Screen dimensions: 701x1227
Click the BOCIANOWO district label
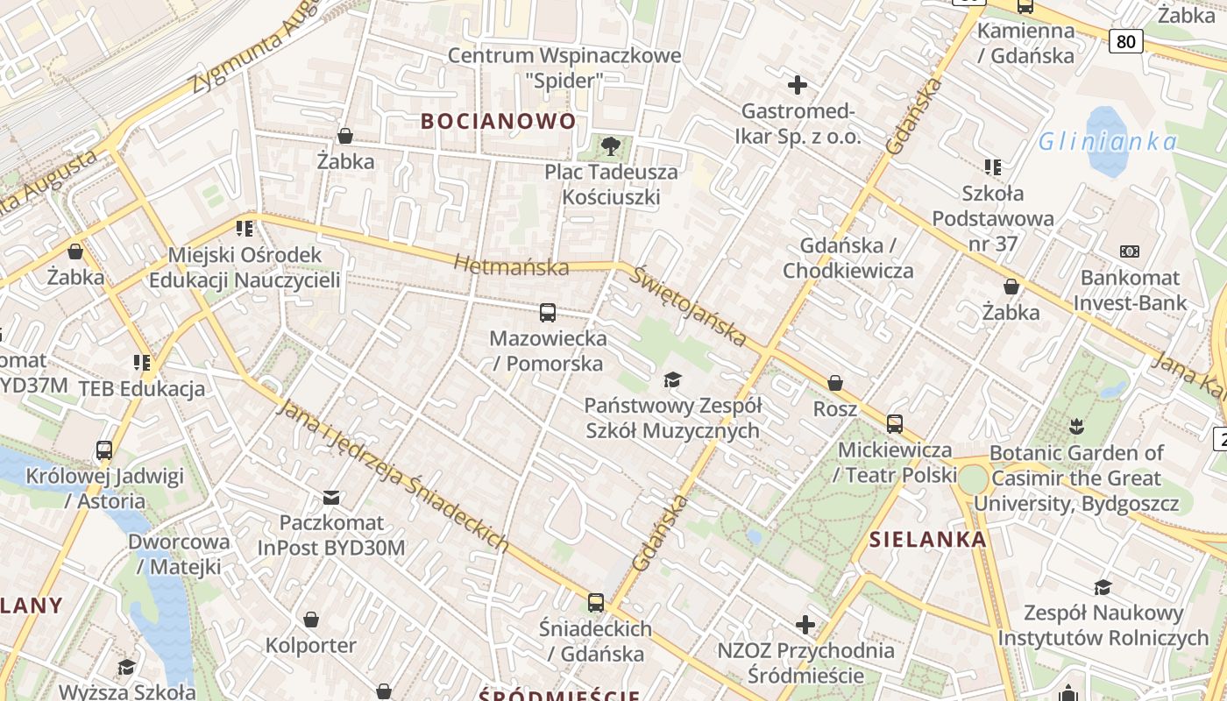pyautogui.click(x=498, y=121)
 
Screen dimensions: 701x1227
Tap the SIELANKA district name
pyautogui.click(x=928, y=540)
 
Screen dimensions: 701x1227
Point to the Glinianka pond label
pyautogui.click(x=1108, y=141)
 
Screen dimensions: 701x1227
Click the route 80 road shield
pyautogui.click(x=1125, y=40)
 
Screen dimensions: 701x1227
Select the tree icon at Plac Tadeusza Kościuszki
pyautogui.click(x=611, y=146)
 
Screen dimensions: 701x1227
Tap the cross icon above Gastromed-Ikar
pyautogui.click(x=798, y=85)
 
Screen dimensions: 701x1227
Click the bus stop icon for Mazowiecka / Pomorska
pyautogui.click(x=548, y=312)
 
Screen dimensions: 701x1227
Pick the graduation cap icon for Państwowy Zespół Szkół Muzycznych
pyautogui.click(x=672, y=379)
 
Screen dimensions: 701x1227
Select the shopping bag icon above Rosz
pyautogui.click(x=835, y=383)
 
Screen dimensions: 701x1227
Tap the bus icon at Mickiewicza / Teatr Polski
pyautogui.click(x=895, y=424)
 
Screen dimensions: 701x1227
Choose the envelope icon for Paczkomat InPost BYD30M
pyautogui.click(x=331, y=498)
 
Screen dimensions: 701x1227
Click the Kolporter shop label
pyautogui.click(x=311, y=646)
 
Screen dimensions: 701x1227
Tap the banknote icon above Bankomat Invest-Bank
pyautogui.click(x=1130, y=251)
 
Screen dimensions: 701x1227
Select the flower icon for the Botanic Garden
pyautogui.click(x=1076, y=427)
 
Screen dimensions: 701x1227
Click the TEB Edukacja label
pyautogui.click(x=142, y=389)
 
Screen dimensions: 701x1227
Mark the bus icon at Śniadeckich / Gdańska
pyautogui.click(x=596, y=603)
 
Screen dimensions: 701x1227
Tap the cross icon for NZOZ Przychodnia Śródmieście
pyautogui.click(x=805, y=625)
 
